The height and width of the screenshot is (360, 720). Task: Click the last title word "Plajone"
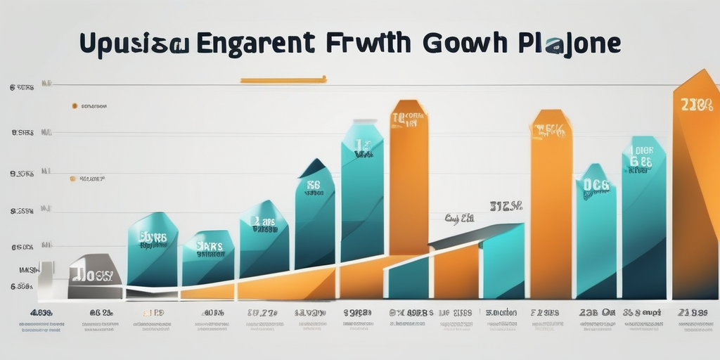(570, 43)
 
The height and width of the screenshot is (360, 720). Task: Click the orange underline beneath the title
(283, 80)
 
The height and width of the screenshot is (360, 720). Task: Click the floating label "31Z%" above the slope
(506, 206)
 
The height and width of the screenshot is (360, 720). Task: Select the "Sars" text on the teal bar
(209, 247)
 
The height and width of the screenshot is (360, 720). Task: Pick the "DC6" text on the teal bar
(596, 186)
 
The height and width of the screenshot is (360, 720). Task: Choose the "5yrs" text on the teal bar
(153, 238)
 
